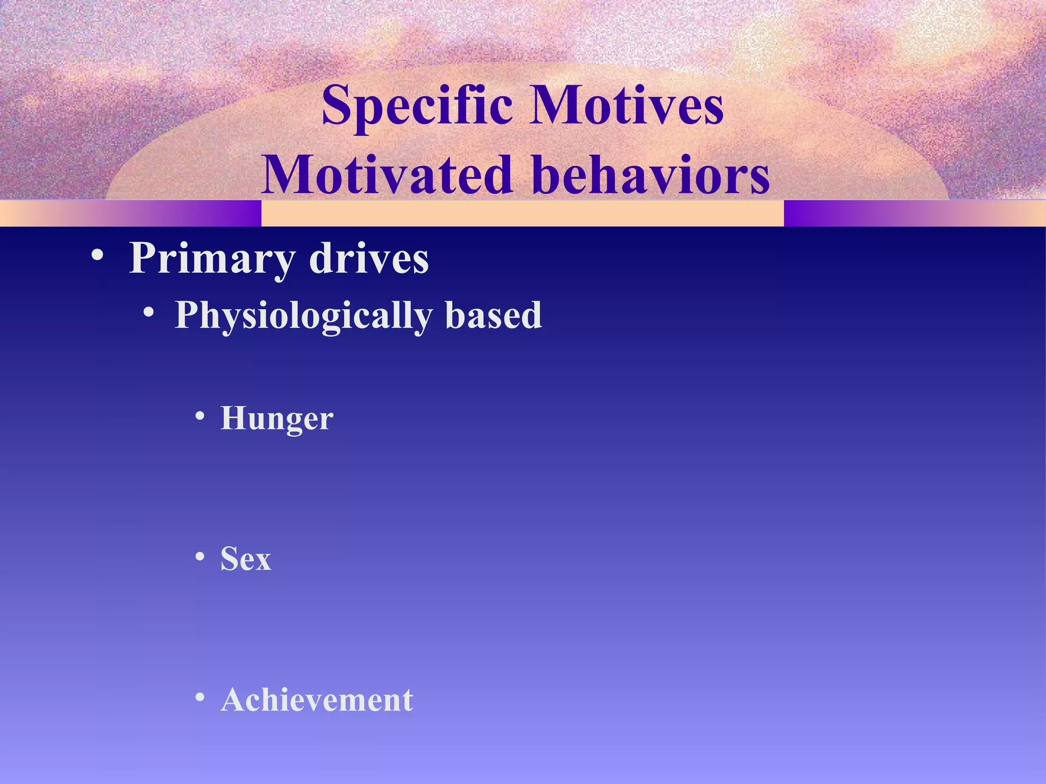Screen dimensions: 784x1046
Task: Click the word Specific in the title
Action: click(x=416, y=106)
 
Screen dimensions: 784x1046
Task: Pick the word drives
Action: click(x=369, y=258)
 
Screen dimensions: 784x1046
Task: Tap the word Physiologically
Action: click(x=303, y=315)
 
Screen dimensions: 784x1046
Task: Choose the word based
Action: click(x=493, y=315)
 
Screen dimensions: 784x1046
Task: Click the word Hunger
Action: click(x=276, y=419)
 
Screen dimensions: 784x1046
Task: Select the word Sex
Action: click(x=246, y=559)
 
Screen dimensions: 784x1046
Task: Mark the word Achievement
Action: click(x=317, y=700)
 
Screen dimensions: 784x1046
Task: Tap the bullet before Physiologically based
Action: click(x=148, y=312)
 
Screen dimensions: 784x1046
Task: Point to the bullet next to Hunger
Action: click(x=200, y=416)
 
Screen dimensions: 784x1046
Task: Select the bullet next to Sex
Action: click(x=200, y=556)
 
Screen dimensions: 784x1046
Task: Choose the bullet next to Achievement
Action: click(x=200, y=697)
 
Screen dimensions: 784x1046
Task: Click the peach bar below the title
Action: click(x=522, y=213)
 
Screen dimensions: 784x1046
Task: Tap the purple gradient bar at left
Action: click(x=131, y=213)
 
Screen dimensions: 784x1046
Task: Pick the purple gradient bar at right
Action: click(x=914, y=213)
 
